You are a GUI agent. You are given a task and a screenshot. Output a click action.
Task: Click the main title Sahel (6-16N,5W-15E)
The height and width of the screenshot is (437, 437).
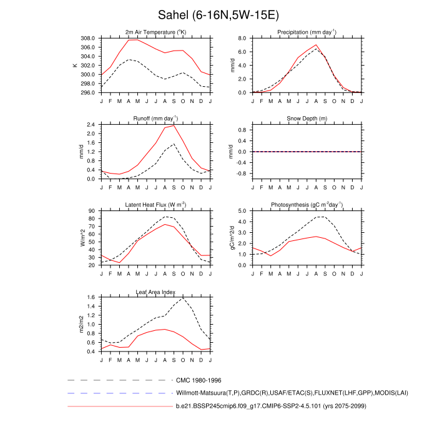218,14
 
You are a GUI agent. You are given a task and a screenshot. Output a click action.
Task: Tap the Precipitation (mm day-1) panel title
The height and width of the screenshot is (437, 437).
306,32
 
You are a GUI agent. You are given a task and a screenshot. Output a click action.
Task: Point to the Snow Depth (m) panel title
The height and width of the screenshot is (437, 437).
306,119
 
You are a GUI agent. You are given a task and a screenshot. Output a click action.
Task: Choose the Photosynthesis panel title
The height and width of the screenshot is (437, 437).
306,205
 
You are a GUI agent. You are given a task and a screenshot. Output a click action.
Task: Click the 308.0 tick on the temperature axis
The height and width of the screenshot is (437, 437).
87,38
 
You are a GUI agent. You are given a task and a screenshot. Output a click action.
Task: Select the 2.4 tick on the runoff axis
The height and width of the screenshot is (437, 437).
91,124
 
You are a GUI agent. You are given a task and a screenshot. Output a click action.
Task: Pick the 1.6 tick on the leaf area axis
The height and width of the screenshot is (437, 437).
91,298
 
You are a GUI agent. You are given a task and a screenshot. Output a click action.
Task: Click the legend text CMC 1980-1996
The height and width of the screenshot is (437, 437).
199,380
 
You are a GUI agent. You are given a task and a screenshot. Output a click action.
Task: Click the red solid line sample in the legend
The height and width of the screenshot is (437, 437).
119,406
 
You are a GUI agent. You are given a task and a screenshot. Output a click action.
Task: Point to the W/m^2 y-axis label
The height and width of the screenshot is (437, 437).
82,238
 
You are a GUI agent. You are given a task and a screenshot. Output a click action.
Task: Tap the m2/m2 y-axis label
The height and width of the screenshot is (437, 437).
82,325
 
